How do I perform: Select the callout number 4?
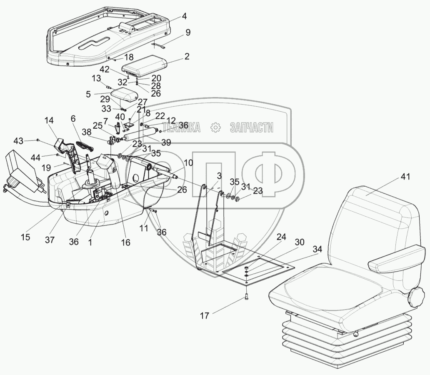point(184,17)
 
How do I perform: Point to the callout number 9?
point(188,32)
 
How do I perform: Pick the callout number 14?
point(49,121)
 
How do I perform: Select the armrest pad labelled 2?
point(144,65)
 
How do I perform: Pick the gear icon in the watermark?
point(215,127)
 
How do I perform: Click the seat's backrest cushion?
point(375,229)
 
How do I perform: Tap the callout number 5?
point(88,95)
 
